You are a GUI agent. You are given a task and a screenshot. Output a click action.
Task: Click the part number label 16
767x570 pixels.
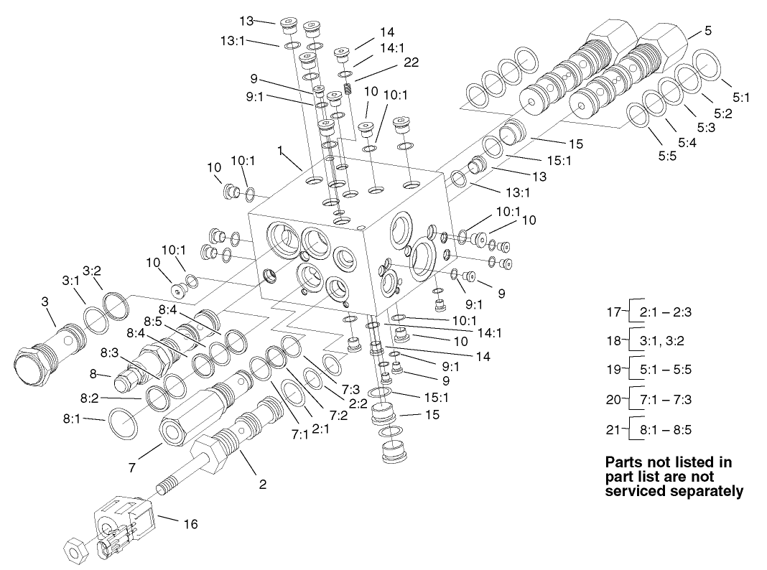coord(190,524)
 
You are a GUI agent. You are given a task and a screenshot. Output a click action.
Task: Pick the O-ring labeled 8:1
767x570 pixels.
coord(123,424)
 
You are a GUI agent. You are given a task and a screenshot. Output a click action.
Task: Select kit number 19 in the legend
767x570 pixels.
coord(613,370)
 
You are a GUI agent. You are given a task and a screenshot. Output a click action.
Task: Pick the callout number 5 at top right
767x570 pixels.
coord(708,30)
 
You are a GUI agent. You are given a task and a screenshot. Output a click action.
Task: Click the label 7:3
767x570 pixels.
coord(350,388)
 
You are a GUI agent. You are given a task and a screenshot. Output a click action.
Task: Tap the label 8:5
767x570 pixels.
coord(152,320)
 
